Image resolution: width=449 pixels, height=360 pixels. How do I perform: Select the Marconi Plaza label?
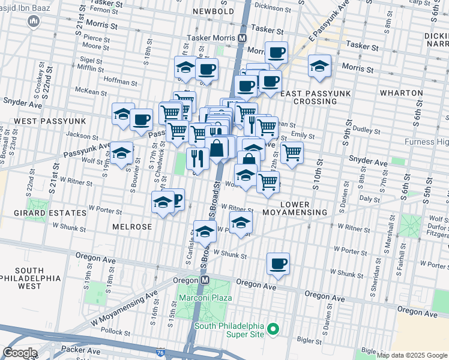pos(203,298)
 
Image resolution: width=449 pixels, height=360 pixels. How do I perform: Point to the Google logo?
pos(20,352)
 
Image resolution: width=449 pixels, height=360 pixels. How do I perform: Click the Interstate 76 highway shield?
pos(161,353)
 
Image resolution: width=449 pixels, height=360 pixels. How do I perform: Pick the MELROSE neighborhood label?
pos(131,226)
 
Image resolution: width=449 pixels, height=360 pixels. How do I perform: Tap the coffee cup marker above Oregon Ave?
pos(278,264)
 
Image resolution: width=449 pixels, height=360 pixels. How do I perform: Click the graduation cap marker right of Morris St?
pos(319,67)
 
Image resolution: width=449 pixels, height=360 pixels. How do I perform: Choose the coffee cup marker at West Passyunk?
pos(141,120)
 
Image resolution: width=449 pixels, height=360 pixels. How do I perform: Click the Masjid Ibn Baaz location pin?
pos(34,22)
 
